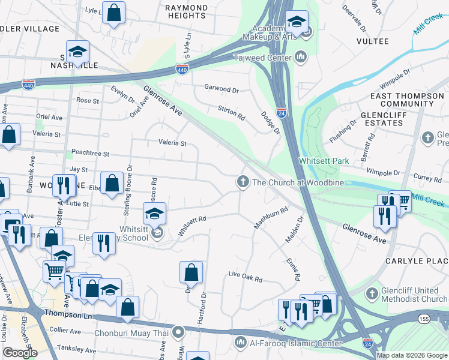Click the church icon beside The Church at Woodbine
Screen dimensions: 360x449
point(243,182)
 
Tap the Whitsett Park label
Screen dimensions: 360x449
point(324,161)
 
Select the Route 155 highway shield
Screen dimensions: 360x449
point(423,319)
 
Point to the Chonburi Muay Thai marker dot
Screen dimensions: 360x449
point(178,331)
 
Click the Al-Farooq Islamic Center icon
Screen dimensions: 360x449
point(240,343)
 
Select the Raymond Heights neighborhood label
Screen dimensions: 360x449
point(186,12)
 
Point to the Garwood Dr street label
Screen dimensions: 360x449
point(221,89)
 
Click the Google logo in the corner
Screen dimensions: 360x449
point(20,353)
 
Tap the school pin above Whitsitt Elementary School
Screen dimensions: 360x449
point(154,214)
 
